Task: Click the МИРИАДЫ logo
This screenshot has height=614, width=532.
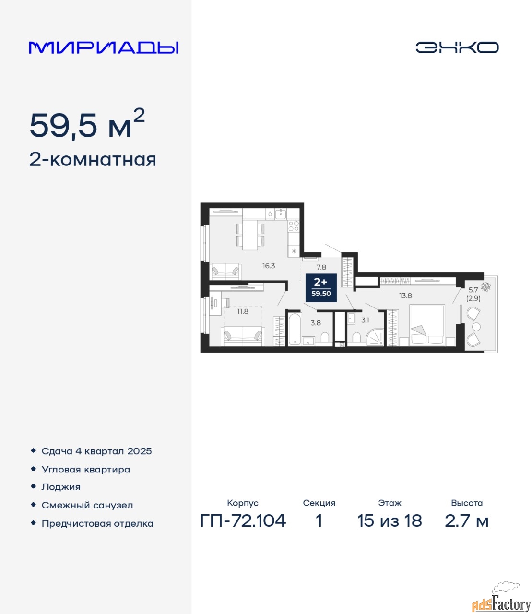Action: (104, 47)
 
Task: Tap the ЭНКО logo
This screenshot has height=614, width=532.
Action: (457, 47)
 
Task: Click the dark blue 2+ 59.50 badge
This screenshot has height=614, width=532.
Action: (321, 287)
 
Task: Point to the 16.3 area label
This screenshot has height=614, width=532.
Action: (269, 266)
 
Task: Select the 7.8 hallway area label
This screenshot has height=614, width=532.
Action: (321, 267)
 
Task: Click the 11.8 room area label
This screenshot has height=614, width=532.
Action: (243, 311)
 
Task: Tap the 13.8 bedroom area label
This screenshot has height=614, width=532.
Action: (405, 295)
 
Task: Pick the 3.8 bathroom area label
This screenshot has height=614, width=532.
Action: (316, 323)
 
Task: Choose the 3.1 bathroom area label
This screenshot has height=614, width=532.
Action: (365, 320)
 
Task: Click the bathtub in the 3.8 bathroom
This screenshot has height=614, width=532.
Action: (295, 329)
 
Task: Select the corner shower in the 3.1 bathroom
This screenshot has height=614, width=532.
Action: (375, 337)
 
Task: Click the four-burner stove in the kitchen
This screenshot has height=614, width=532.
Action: (294, 226)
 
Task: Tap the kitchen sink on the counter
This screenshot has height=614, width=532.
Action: (281, 213)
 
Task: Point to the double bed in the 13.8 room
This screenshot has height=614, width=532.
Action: (427, 325)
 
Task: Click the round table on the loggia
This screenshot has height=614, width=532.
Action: (476, 327)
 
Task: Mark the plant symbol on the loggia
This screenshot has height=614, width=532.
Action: (486, 287)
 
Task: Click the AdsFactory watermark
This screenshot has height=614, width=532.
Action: (501, 601)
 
